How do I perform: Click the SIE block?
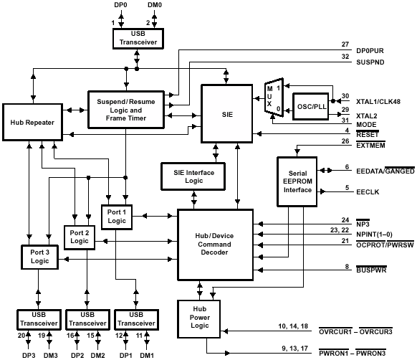(x=227, y=114)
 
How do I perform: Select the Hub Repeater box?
(x=32, y=122)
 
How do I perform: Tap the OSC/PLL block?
(x=311, y=106)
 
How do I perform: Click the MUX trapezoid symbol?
(x=274, y=98)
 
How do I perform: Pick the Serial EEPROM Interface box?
(x=297, y=181)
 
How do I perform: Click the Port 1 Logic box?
(x=117, y=217)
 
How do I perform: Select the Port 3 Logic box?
(x=39, y=257)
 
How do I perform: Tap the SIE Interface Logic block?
(x=193, y=176)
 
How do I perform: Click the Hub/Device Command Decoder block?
(x=215, y=245)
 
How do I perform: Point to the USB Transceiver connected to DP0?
(x=138, y=39)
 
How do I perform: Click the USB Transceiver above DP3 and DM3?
(x=39, y=320)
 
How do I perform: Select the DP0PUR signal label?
(x=370, y=51)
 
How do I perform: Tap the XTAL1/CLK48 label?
(x=378, y=101)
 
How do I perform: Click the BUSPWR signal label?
(x=371, y=270)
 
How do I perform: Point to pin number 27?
(x=345, y=44)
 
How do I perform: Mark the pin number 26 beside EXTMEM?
(x=345, y=141)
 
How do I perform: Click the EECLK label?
(x=368, y=192)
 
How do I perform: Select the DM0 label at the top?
(x=155, y=5)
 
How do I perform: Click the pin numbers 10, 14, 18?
(x=293, y=326)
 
